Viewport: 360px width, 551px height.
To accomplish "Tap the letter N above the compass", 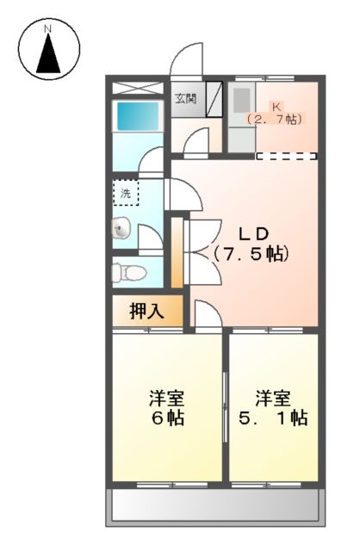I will tap(49, 28).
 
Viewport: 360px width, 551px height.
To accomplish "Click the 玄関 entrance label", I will tap(185, 98).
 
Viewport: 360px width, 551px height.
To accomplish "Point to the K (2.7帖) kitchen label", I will tap(275, 113).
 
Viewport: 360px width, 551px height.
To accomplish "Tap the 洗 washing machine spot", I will tap(126, 192).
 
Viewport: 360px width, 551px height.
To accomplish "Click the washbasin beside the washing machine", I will tap(121, 228).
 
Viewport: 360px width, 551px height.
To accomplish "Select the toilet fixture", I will tap(129, 273).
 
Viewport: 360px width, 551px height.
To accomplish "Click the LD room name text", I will tap(255, 233).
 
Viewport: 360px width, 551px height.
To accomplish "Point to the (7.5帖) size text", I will tap(251, 254).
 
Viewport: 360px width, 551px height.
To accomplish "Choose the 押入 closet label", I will tap(146, 312).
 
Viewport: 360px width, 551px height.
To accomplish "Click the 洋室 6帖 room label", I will tap(166, 408).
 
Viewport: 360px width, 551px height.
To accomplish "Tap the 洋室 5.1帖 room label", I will tap(273, 408).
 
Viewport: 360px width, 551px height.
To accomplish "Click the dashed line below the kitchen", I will tap(287, 157).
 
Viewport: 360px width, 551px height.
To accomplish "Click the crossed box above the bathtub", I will tap(137, 88).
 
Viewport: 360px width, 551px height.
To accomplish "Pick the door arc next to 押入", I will tap(205, 315).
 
